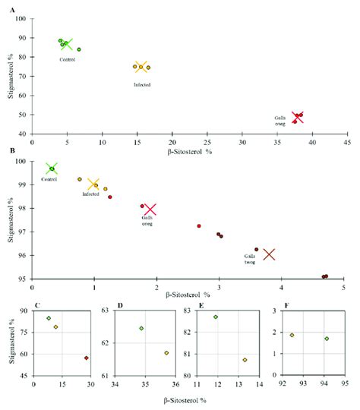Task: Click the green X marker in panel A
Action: point(67,44)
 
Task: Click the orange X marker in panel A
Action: point(141,67)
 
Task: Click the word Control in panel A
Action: point(68,58)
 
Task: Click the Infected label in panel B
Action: point(91,194)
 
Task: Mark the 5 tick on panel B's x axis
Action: point(344,288)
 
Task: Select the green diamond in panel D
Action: point(141,328)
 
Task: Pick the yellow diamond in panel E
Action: point(245,360)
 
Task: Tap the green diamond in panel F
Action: point(327,339)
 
